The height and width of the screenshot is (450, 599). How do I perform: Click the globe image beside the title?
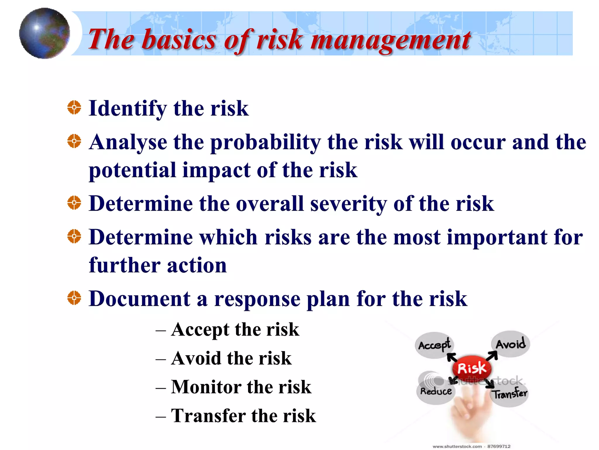click(44, 33)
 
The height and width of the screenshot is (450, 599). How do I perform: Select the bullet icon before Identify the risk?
click(74, 108)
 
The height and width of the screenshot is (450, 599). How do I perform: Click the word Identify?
click(128, 108)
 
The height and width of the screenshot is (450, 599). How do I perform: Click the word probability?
click(265, 142)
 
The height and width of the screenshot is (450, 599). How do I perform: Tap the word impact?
click(216, 170)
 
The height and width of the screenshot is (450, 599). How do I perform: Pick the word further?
click(125, 265)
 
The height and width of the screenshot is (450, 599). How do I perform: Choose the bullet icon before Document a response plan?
click(74, 298)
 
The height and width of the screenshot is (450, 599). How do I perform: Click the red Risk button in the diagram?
click(471, 368)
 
